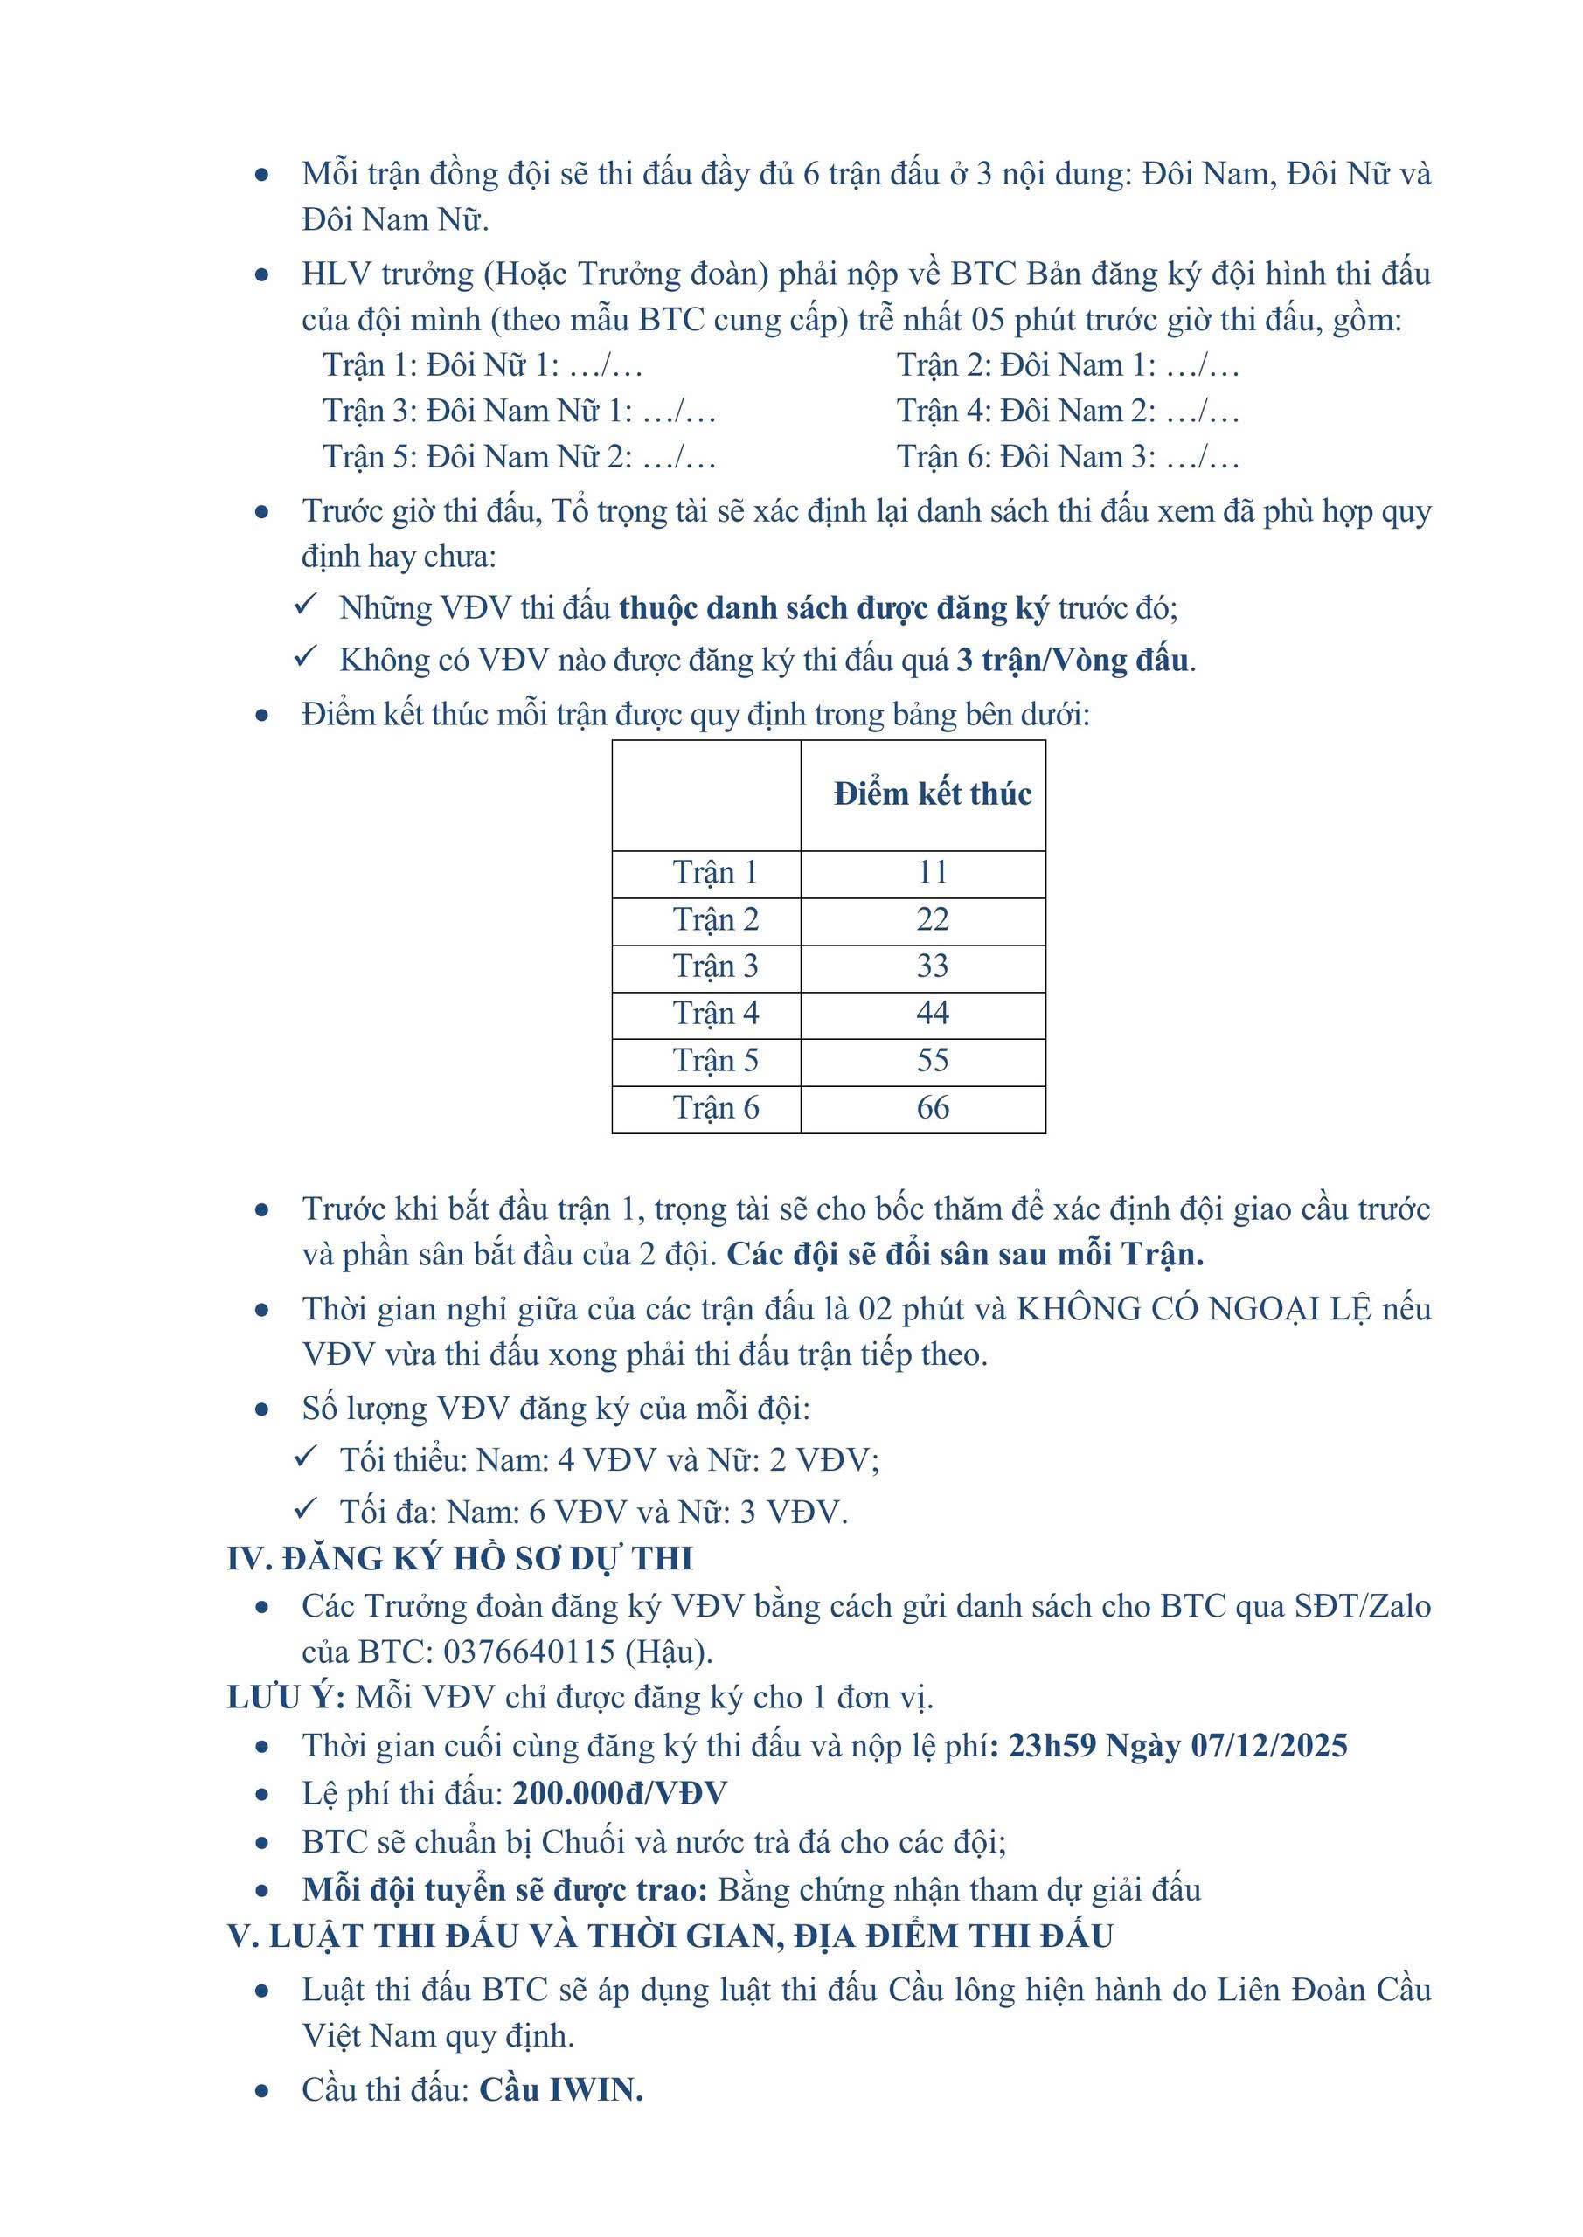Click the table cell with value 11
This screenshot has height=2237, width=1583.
932,872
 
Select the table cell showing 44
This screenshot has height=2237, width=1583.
932,1014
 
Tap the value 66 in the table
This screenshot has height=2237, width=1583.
932,1108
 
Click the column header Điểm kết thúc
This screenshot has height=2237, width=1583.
932,794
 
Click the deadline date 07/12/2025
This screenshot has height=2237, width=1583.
1269,1745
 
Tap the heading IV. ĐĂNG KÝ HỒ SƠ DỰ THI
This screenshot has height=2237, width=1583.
460,1558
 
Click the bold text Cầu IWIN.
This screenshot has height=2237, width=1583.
560,2089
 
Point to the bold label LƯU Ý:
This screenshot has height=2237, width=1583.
286,1697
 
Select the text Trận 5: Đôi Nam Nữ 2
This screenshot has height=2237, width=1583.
477,456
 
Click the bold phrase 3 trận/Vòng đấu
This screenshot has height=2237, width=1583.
1073,661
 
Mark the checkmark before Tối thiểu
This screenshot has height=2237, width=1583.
306,1457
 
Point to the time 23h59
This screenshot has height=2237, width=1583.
1051,1745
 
